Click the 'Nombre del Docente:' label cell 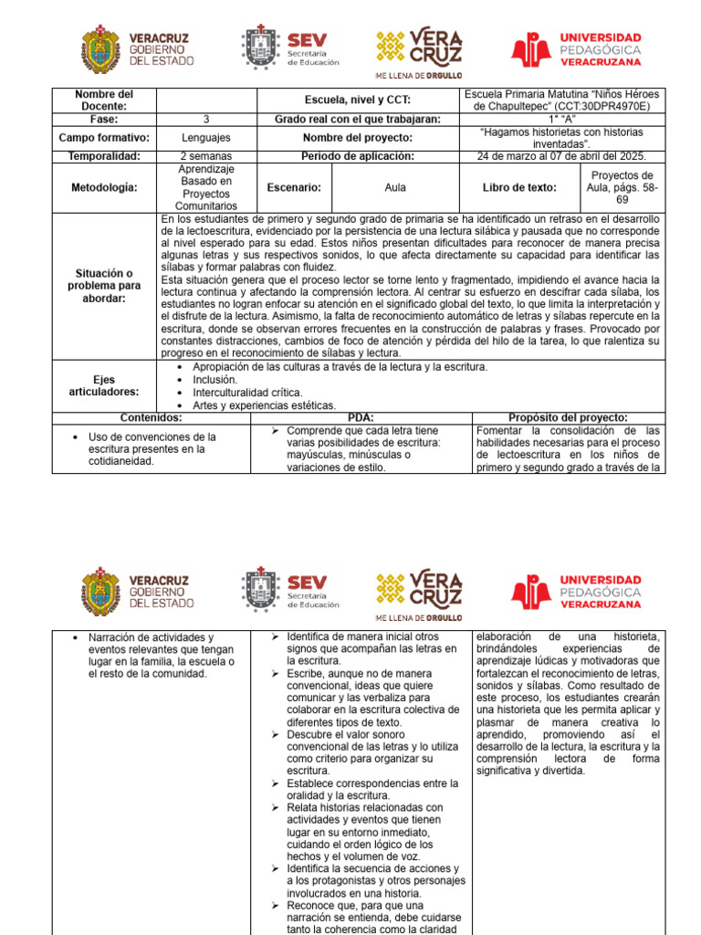pyautogui.click(x=104, y=100)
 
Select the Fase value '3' pyautogui.click(x=206, y=119)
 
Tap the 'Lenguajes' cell pyautogui.click(x=206, y=137)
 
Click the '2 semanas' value pyautogui.click(x=206, y=156)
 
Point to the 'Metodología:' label pyautogui.click(x=104, y=187)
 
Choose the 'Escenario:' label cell pyautogui.click(x=293, y=187)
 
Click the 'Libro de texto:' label pyautogui.click(x=519, y=187)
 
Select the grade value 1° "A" pyautogui.click(x=561, y=119)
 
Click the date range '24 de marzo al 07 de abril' pyautogui.click(x=561, y=156)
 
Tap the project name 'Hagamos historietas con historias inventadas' pyautogui.click(x=561, y=137)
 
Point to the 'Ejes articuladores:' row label pyautogui.click(x=104, y=385)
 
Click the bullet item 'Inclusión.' pyautogui.click(x=214, y=379)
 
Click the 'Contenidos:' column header pyautogui.click(x=152, y=417)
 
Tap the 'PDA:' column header pyautogui.click(x=361, y=417)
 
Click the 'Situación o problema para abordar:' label pyautogui.click(x=104, y=286)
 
